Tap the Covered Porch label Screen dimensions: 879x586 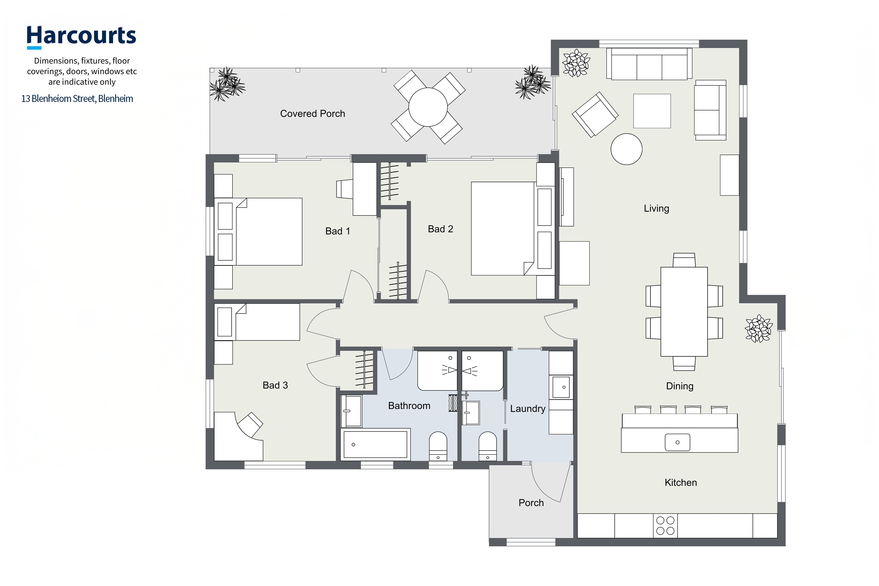pyautogui.click(x=312, y=114)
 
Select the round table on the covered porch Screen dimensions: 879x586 pyautogui.click(x=428, y=107)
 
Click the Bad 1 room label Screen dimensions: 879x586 pyautogui.click(x=338, y=231)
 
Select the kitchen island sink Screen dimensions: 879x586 pyautogui.click(x=677, y=443)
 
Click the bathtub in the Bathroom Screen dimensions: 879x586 pyautogui.click(x=375, y=444)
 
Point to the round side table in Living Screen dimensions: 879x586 pyautogui.click(x=626, y=149)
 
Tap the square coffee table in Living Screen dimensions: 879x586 pyautogui.click(x=652, y=111)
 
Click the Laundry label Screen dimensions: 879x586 pyautogui.click(x=528, y=408)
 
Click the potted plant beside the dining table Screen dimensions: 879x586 pyautogui.click(x=758, y=328)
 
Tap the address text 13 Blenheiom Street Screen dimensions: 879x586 pyautogui.click(x=58, y=99)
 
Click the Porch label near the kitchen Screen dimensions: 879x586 pyautogui.click(x=531, y=503)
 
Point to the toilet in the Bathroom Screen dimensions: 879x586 pyautogui.click(x=438, y=446)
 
